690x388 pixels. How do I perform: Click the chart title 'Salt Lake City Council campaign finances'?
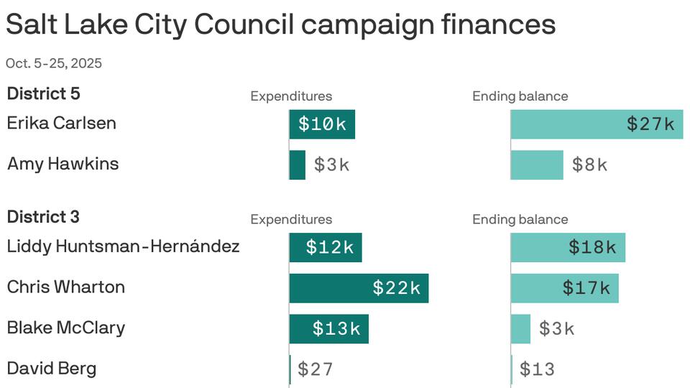pyautogui.click(x=280, y=25)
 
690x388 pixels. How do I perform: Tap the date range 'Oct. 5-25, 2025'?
pyautogui.click(x=54, y=63)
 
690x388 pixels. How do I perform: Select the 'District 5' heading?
pyautogui.click(x=43, y=93)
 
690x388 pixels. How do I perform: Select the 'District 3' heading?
pyautogui.click(x=43, y=216)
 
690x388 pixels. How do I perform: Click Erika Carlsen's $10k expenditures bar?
pyautogui.click(x=322, y=124)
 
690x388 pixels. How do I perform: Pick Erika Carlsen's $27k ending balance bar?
pyautogui.click(x=597, y=124)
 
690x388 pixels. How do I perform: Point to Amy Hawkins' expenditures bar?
pyautogui.click(x=298, y=165)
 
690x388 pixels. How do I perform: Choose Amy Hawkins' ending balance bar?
pyautogui.click(x=537, y=165)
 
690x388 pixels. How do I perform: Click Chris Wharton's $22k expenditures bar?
pyautogui.click(x=359, y=288)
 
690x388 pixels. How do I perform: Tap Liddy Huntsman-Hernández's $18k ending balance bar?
pyautogui.click(x=568, y=247)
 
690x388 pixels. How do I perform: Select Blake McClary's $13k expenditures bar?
pyautogui.click(x=328, y=329)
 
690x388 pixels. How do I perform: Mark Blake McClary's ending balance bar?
pyautogui.click(x=520, y=329)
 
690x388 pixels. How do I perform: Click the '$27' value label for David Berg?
pyautogui.click(x=316, y=369)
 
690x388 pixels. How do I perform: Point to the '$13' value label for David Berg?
pyautogui.click(x=537, y=369)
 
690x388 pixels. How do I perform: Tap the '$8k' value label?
pyautogui.click(x=589, y=165)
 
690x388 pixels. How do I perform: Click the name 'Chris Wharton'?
pyautogui.click(x=66, y=287)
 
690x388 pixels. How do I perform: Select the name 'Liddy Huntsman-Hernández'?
pyautogui.click(x=123, y=246)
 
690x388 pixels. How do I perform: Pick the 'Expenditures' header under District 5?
pyautogui.click(x=291, y=96)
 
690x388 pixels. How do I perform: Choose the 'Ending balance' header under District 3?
pyautogui.click(x=520, y=220)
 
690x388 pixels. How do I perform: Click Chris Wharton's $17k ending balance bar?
pyautogui.click(x=565, y=288)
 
